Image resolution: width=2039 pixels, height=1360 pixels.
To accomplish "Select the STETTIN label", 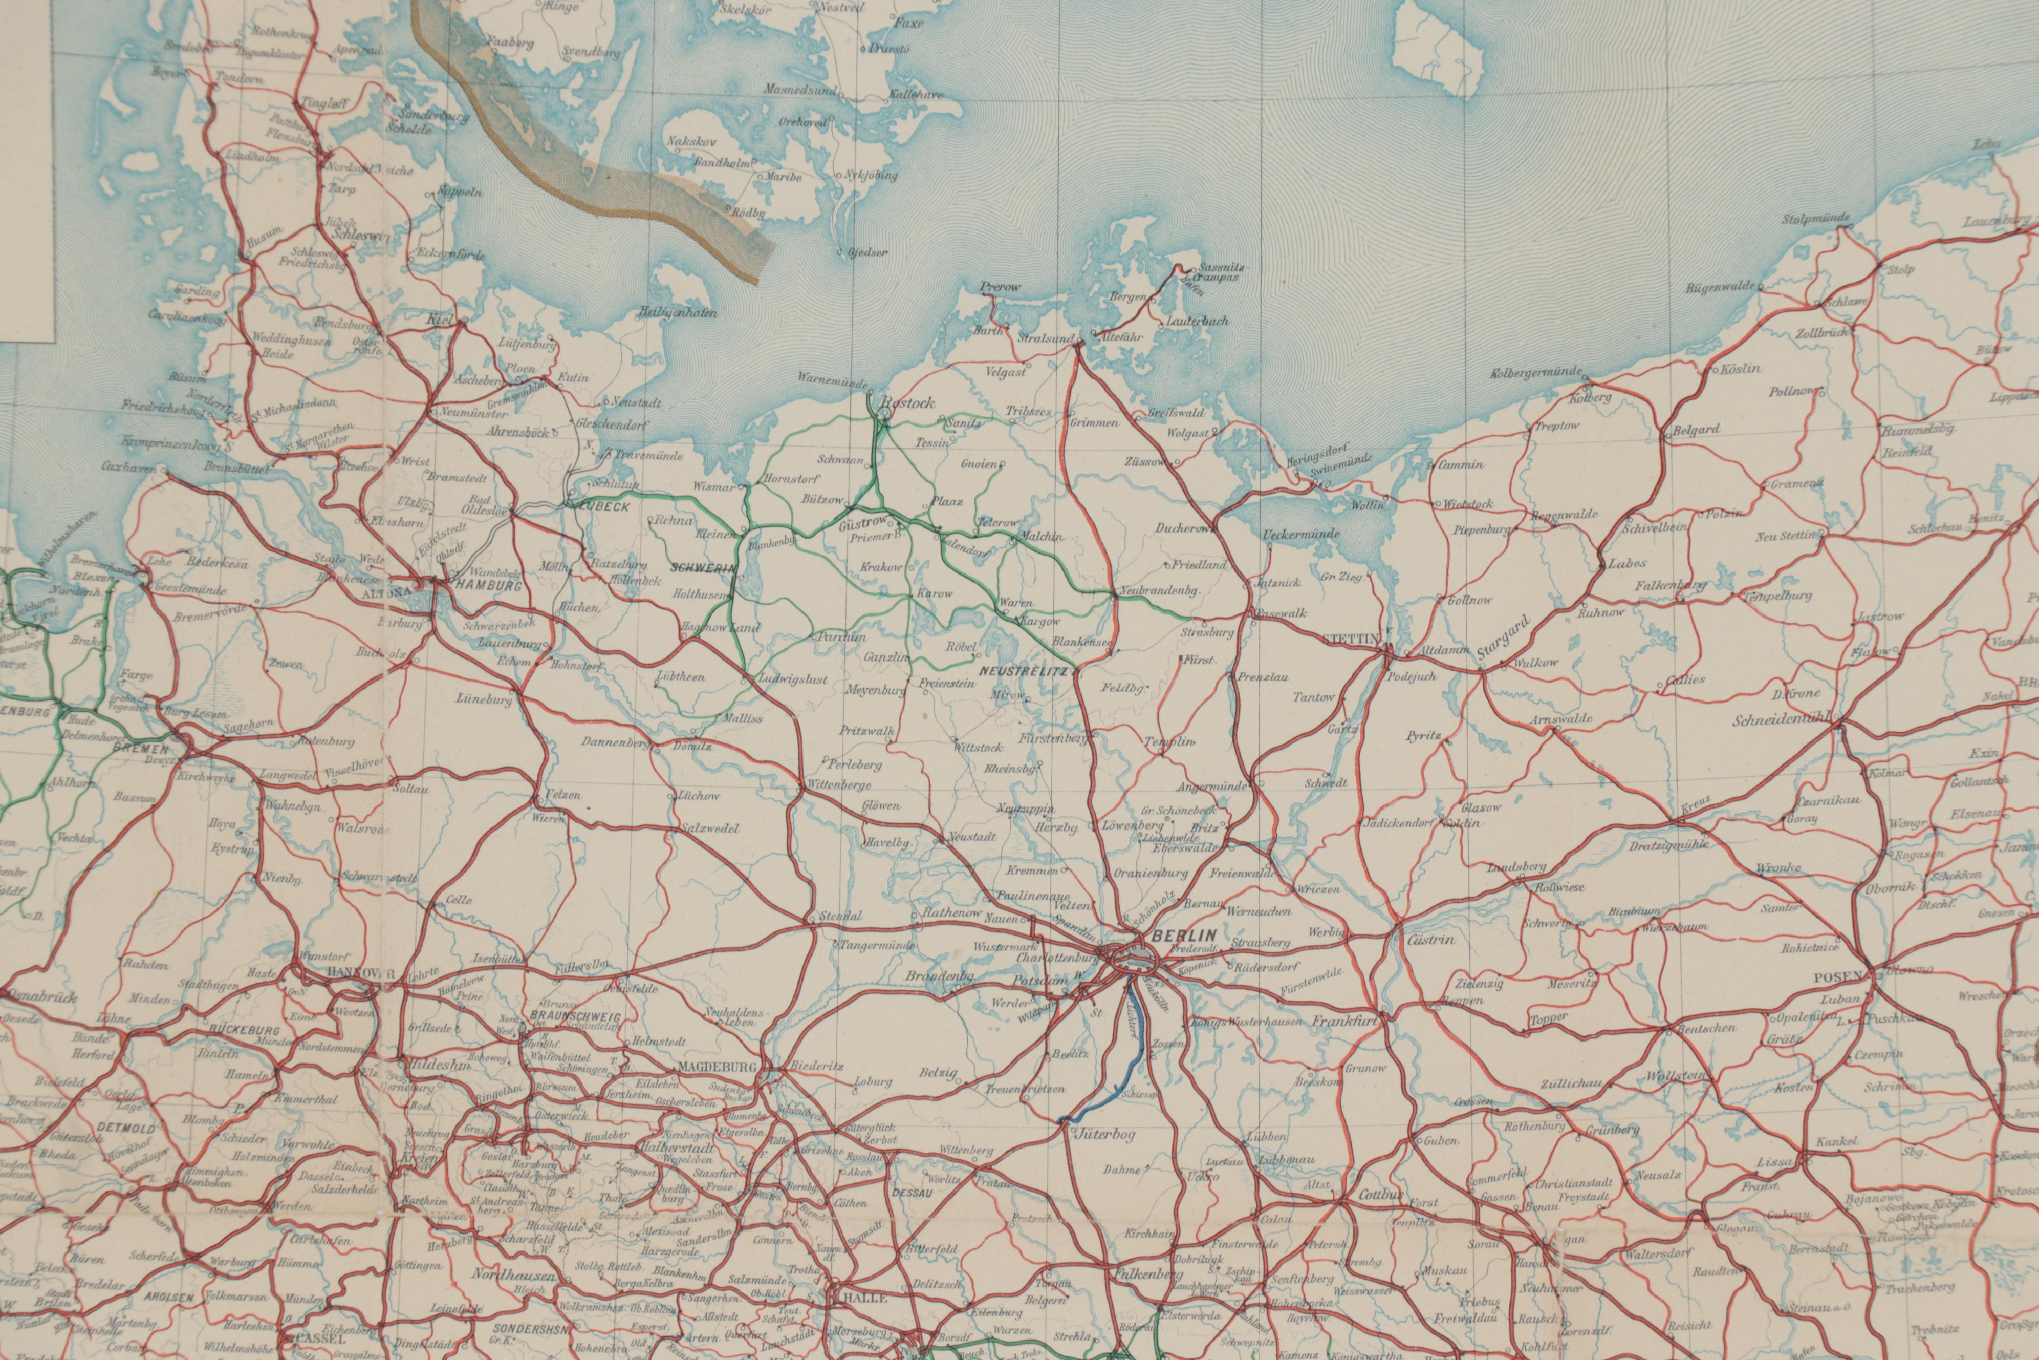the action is [x=1351, y=639].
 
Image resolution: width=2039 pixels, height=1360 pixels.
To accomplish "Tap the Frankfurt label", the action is [x=1344, y=1022].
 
